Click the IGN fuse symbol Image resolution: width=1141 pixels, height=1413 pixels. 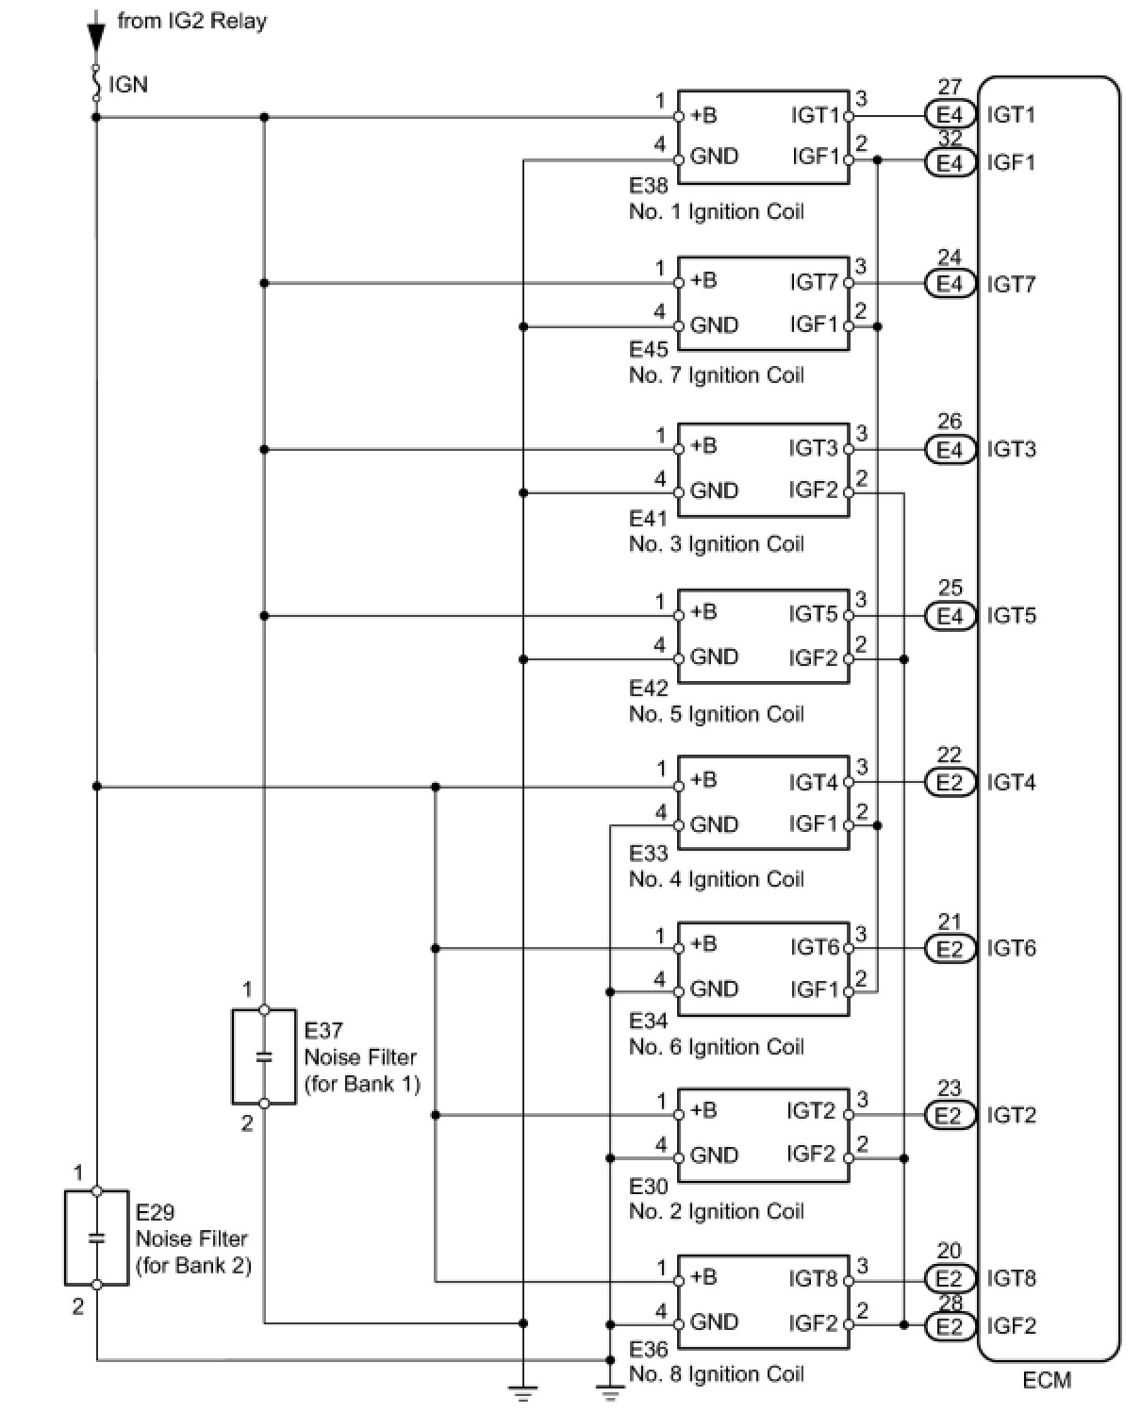[96, 83]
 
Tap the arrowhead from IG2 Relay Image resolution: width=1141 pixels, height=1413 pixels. [96, 38]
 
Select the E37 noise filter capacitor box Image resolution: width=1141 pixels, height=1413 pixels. [264, 1056]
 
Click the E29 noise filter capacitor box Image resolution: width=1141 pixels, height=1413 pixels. [97, 1238]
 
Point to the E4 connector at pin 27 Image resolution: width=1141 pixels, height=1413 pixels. [950, 115]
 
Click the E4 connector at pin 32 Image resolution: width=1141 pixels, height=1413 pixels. [950, 162]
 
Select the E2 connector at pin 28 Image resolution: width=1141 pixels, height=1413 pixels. [950, 1325]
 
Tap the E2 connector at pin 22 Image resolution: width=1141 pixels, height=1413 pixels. [950, 782]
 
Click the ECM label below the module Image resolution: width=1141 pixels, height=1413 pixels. [1046, 1381]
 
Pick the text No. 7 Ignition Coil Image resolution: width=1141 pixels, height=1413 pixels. [716, 375]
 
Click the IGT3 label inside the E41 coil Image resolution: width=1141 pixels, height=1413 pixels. [814, 448]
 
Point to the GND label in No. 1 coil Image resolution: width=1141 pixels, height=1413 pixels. [714, 157]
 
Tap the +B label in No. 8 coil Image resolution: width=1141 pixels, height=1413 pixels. [703, 1277]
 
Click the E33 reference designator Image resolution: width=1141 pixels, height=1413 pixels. [649, 853]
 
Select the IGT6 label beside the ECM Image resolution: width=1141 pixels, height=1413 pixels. [1011, 949]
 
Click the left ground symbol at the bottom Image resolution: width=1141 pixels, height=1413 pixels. [523, 1394]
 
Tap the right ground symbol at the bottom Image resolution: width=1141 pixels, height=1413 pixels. [610, 1394]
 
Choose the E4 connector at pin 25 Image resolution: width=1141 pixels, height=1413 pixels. [950, 616]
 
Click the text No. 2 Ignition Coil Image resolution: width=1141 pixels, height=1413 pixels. [716, 1212]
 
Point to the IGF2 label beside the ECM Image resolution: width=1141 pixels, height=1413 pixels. [1011, 1326]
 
